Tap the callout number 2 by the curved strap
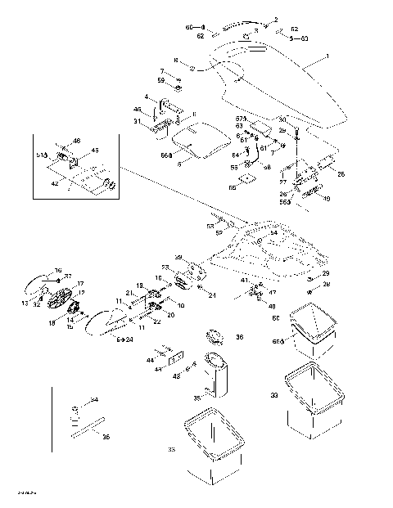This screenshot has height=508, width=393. (x=275, y=19)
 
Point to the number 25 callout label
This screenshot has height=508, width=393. (x=341, y=173)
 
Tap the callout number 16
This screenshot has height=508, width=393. (x=58, y=270)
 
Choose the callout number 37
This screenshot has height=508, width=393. (x=68, y=276)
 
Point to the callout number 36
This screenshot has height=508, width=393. (x=239, y=336)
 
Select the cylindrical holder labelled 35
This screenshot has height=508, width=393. (x=216, y=378)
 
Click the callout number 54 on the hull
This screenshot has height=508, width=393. (x=273, y=233)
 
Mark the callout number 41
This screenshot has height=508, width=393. (x=243, y=281)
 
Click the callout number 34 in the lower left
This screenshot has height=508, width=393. (x=95, y=400)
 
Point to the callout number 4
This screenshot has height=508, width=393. (x=147, y=98)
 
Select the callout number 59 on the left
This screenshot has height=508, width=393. (x=161, y=80)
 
